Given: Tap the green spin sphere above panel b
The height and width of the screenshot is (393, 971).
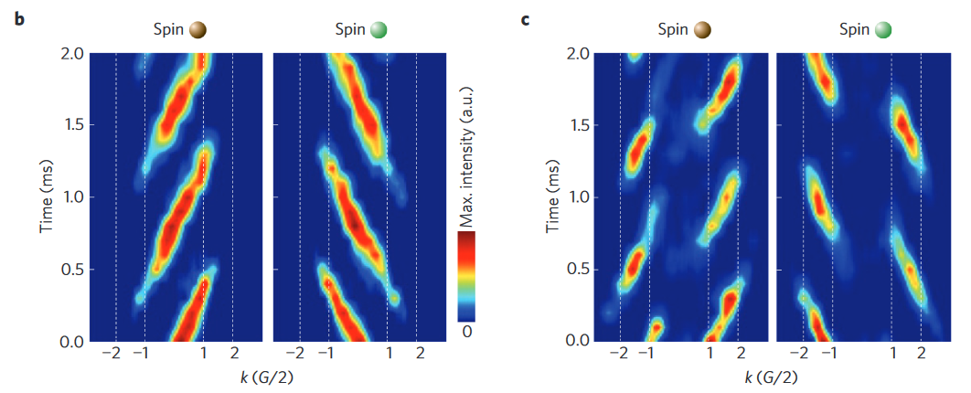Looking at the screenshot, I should point(379,30).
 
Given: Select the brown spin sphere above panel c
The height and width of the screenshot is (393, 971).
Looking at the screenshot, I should point(702,30).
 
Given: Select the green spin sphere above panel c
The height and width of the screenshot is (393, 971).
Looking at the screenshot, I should point(883,30).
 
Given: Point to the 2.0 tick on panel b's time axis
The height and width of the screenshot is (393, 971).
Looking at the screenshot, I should point(72,54).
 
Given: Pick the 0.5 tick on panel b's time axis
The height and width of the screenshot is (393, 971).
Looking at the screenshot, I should point(72,270).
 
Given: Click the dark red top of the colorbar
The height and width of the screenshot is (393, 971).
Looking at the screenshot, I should point(466,237).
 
